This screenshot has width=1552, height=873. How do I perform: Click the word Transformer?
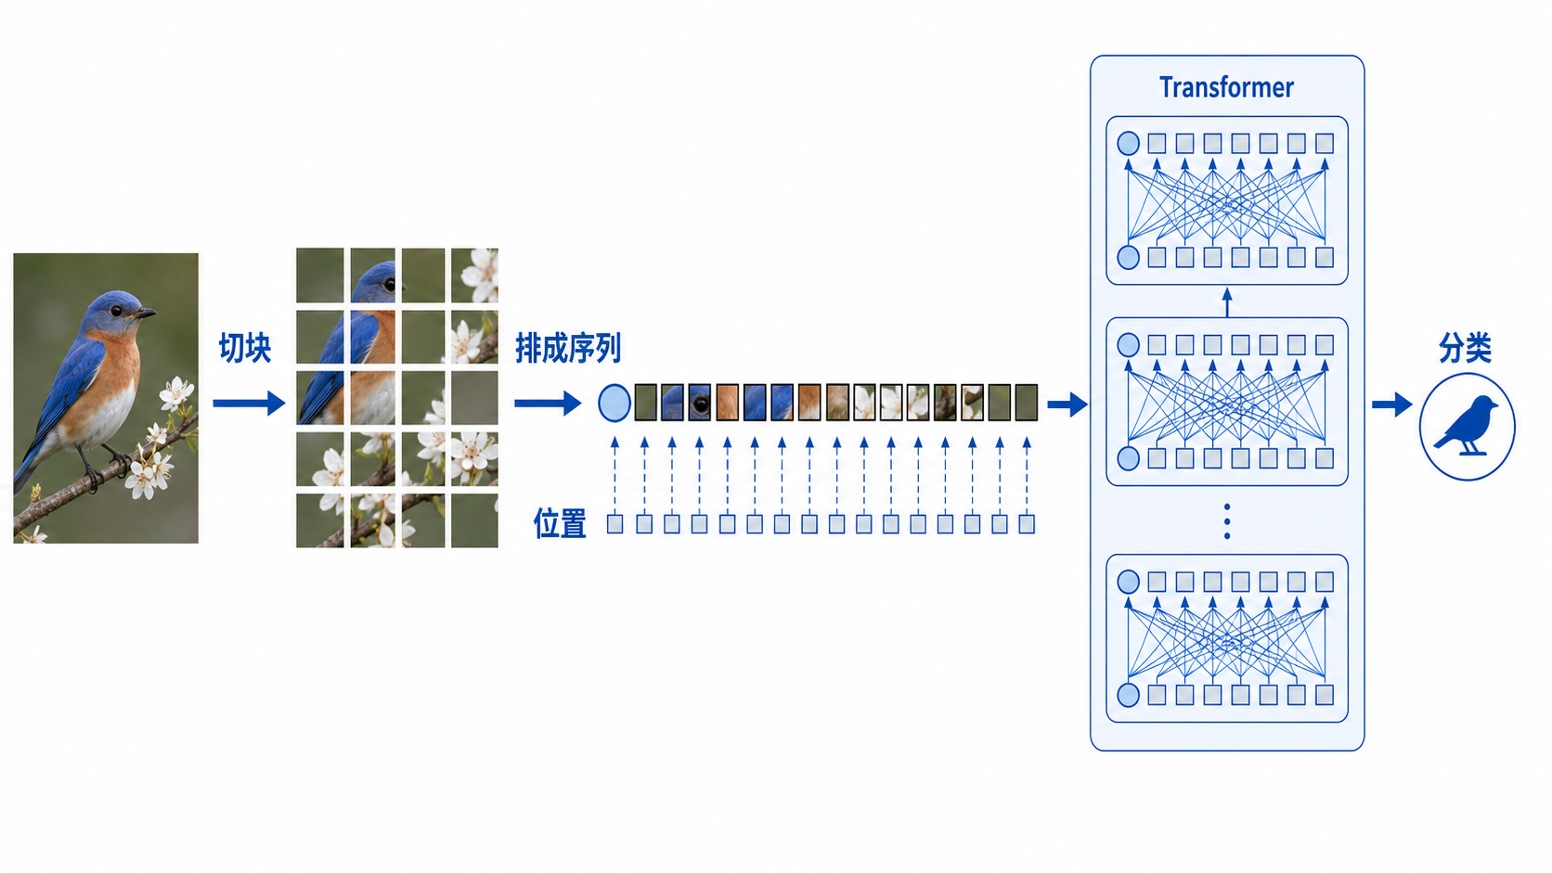(1226, 88)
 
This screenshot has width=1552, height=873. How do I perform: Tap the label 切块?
(244, 348)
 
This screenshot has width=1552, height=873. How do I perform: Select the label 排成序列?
(568, 348)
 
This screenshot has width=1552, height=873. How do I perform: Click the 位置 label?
(560, 523)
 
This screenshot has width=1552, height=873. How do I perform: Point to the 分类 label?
(1466, 348)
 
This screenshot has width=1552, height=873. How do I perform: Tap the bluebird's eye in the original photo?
(116, 311)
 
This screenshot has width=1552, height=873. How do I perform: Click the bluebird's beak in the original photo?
(146, 314)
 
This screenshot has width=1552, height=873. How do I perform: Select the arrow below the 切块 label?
(249, 403)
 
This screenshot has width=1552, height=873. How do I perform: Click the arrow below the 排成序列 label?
(548, 403)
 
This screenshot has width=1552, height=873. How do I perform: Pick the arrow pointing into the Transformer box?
(1067, 404)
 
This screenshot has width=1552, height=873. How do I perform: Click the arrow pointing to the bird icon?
(1392, 404)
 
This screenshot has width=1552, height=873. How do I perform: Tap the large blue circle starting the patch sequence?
(614, 403)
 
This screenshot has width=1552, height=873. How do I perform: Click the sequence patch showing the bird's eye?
(700, 403)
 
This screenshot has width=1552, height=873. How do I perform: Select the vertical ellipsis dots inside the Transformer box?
(1227, 521)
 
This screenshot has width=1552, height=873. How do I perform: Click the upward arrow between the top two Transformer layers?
(1227, 302)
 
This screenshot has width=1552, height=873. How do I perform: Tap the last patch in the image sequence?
(1026, 403)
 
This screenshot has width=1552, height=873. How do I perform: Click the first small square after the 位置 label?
(614, 524)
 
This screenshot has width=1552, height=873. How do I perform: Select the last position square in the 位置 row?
(1027, 524)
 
